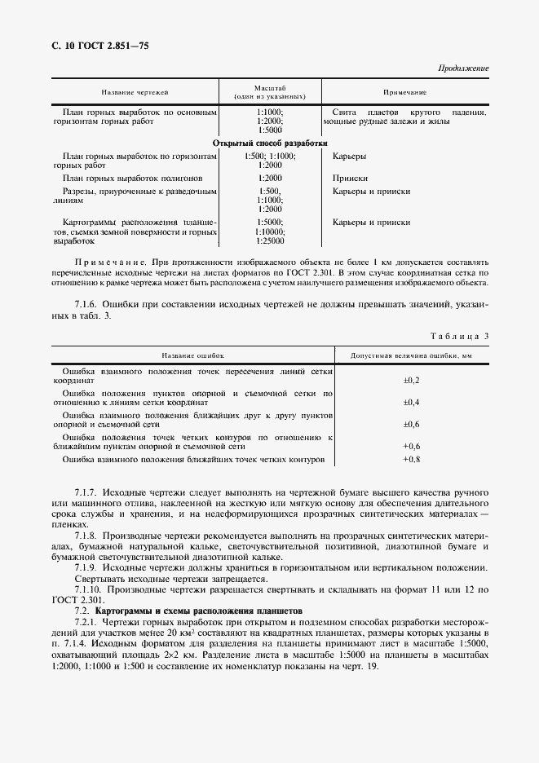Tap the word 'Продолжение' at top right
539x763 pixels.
point(462,68)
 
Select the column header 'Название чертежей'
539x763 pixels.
point(135,92)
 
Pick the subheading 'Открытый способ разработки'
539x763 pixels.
point(269,142)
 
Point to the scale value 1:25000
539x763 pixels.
point(270,241)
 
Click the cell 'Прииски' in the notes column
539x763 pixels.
point(350,177)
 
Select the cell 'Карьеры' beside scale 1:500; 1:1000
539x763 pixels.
point(349,155)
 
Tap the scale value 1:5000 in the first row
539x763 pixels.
point(270,130)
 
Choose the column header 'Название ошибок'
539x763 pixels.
point(192,356)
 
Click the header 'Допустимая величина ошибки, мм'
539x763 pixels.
point(411,356)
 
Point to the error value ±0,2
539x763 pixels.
point(411,381)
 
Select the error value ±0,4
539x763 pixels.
point(411,403)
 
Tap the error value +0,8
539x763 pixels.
point(411,460)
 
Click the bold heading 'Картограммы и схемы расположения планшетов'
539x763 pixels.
point(199,611)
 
